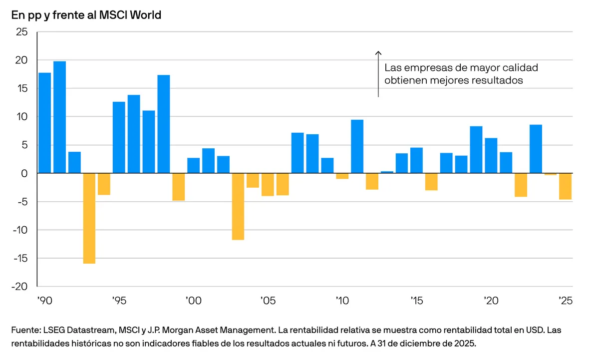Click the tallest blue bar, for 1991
[59, 117]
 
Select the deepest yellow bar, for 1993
[89, 218]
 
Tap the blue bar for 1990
[45, 123]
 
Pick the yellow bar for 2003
[238, 206]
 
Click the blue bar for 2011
[357, 146]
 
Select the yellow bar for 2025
[565, 186]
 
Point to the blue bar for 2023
[536, 149]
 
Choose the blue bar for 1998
[164, 124]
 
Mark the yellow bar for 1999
[179, 187]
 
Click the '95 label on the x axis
[119, 301]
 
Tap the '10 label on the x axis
[342, 301]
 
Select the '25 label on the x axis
[565, 301]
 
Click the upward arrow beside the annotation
[378, 73]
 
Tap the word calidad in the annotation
[519, 68]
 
